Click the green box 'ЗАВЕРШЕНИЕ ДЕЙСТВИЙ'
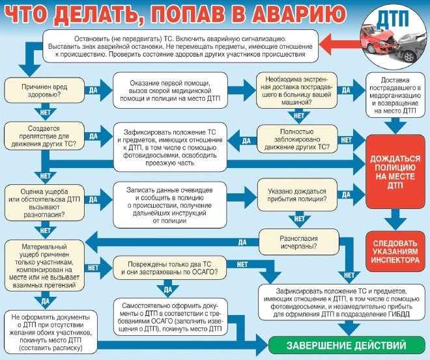click(x=347, y=345)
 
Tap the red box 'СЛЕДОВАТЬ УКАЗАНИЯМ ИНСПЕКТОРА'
click(x=395, y=251)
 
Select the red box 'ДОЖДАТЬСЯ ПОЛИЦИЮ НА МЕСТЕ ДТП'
click(x=395, y=171)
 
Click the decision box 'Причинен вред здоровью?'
click(x=44, y=90)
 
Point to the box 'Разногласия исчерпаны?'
click(x=299, y=242)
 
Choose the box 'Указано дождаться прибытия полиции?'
click(x=297, y=195)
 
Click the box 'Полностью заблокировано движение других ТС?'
click(x=297, y=139)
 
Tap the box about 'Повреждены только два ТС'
click(x=170, y=268)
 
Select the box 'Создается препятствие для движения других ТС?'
click(x=44, y=136)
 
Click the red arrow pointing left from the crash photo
click(x=339, y=45)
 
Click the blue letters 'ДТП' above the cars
click(x=393, y=19)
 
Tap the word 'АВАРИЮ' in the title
click(x=299, y=14)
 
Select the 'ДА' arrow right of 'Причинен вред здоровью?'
click(x=98, y=90)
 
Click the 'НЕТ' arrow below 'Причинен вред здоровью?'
click(x=45, y=112)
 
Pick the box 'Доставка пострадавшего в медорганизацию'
click(x=395, y=95)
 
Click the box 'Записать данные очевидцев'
click(x=170, y=205)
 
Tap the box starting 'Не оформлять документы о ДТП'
click(x=51, y=332)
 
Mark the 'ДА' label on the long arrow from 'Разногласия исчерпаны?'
click(x=242, y=242)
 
